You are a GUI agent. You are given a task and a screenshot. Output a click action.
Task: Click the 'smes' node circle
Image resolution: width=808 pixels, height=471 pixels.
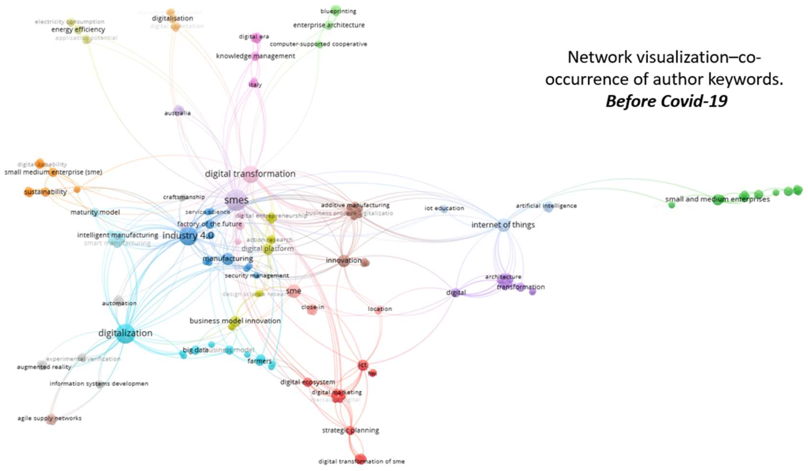[236, 200]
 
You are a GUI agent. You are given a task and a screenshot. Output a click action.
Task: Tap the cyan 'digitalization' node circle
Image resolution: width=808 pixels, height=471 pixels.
[125, 333]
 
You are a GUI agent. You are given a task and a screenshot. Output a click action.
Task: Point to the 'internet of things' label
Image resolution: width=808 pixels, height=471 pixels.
[503, 225]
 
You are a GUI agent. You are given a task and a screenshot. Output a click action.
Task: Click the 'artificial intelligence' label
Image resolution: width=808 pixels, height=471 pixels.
[546, 206]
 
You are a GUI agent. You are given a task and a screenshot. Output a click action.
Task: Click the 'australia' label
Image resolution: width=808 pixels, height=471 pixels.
[177, 113]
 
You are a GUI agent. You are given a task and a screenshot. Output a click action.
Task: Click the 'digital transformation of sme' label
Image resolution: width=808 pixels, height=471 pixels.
[361, 461]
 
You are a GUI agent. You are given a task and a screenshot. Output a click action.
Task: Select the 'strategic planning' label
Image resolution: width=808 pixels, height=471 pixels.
[350, 430]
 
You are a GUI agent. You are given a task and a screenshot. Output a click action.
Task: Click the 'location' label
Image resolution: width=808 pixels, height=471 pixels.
[380, 309]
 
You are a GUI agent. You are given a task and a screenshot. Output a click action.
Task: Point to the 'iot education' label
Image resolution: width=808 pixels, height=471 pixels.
[444, 208]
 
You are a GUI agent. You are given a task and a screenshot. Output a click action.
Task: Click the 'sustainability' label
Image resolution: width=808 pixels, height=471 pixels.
[46, 192]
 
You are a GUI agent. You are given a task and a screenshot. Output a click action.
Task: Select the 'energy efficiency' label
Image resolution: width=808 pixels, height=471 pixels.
[78, 29]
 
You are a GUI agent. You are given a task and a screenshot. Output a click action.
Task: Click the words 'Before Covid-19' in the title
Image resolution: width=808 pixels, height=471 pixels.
[666, 101]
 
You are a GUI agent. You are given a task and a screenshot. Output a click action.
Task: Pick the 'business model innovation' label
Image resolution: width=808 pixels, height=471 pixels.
[235, 321]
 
